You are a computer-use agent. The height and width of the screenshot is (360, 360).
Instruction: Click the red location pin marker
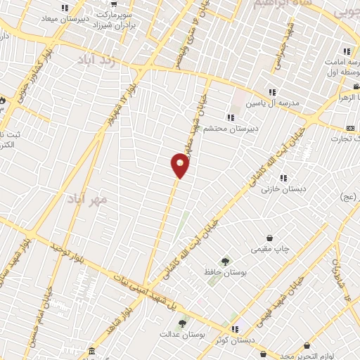tap(181, 165)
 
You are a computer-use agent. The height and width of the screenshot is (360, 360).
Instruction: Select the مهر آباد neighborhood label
tap(90, 200)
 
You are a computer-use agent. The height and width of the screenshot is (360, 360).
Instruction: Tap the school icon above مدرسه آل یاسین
tap(271, 92)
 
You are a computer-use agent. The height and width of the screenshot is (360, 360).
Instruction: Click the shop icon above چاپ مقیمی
tap(271, 238)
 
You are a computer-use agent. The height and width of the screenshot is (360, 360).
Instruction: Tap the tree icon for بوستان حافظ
tap(226, 260)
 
